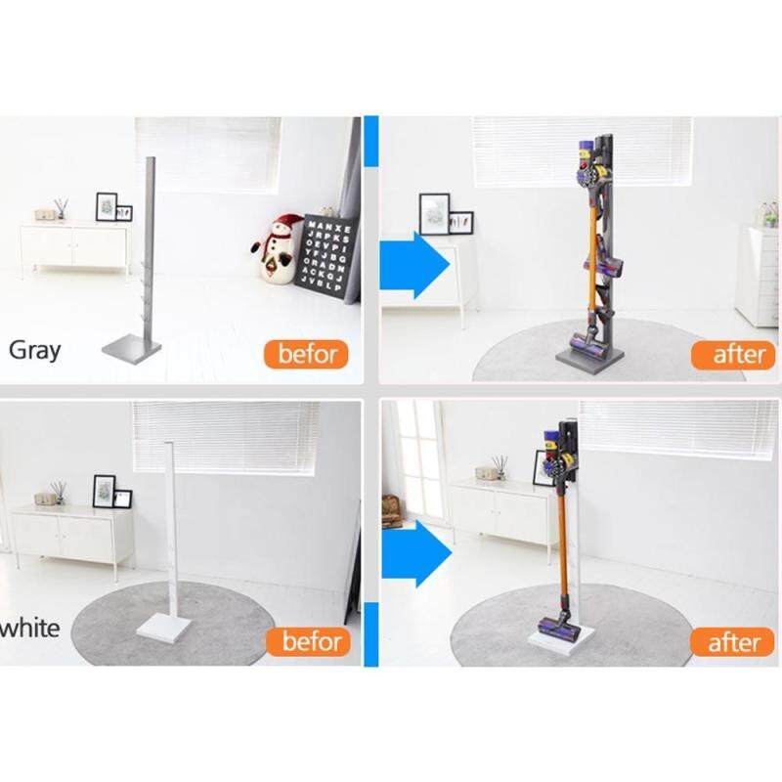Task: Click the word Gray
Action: [x=35, y=350]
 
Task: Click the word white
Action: [x=30, y=628]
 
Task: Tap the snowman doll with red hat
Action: [x=277, y=249]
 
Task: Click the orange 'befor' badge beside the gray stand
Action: [x=306, y=354]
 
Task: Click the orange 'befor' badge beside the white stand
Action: [x=309, y=641]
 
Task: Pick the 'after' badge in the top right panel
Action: [x=734, y=355]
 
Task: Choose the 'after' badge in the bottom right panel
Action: [x=732, y=642]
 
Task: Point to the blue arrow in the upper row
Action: [x=414, y=265]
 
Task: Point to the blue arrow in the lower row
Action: [x=416, y=553]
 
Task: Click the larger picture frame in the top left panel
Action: [x=107, y=206]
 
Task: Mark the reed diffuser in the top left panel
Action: [x=62, y=209]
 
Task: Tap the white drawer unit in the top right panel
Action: [x=759, y=276]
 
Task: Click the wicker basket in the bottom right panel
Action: [x=391, y=510]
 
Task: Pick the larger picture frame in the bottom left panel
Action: [x=105, y=492]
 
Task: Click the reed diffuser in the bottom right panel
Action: [x=500, y=468]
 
